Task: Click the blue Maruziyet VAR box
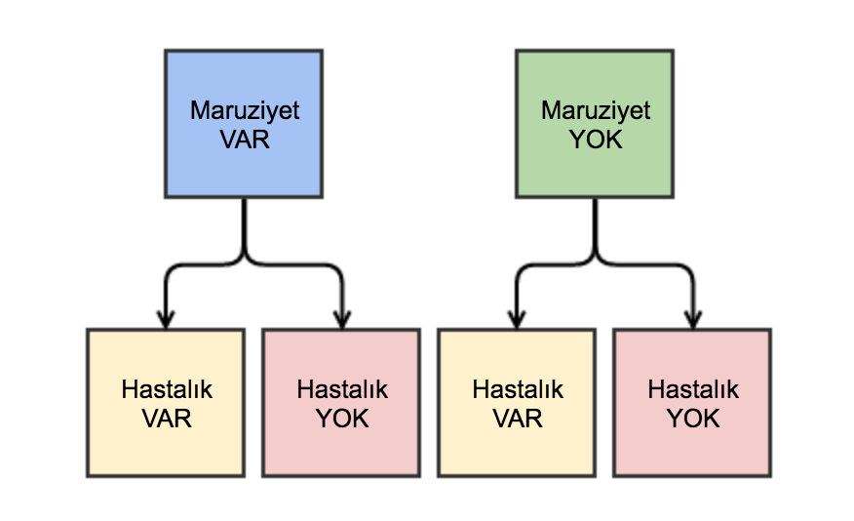(244, 124)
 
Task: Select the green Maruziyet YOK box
(595, 124)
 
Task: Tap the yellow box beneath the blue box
(166, 402)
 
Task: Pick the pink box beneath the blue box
(341, 402)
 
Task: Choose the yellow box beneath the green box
(517, 402)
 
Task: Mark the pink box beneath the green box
(692, 402)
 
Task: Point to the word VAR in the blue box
(244, 139)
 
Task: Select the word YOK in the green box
(595, 139)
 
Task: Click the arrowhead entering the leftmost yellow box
(166, 318)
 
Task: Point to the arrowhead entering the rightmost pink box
(692, 318)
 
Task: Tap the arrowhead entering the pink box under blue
(341, 318)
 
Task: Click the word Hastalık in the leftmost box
(166, 389)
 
